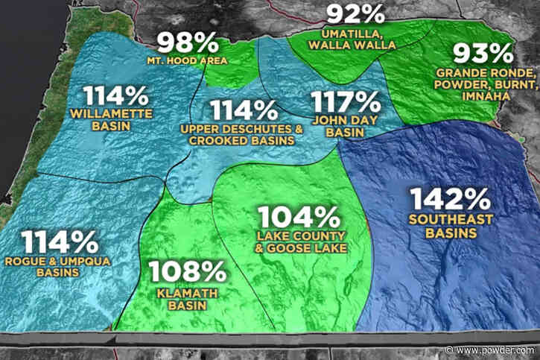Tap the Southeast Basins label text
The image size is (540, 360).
coord(442,226)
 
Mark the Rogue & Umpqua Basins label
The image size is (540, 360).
coord(60,267)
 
